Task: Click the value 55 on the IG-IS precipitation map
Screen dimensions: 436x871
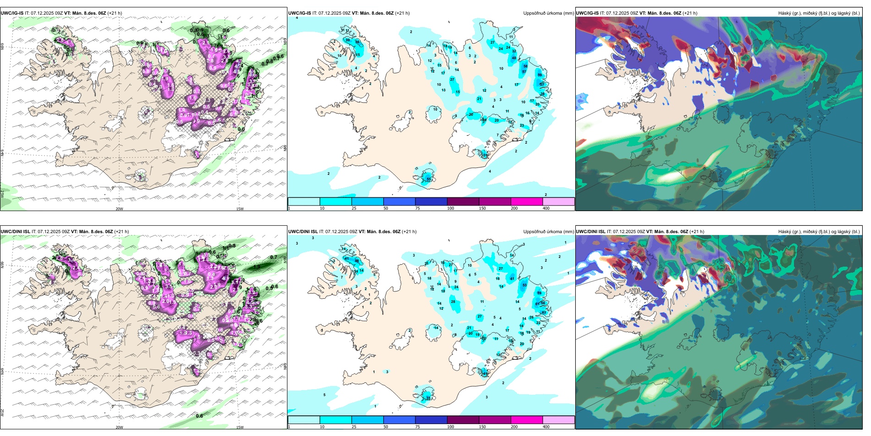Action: [x=429, y=179]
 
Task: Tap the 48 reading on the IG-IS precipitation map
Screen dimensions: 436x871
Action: [x=514, y=58]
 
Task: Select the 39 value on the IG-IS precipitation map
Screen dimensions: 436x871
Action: [x=347, y=40]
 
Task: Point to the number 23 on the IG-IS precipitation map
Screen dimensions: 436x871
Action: [x=522, y=126]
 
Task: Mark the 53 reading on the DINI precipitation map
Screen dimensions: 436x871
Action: [x=525, y=285]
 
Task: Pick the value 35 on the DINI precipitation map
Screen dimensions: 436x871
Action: [x=428, y=398]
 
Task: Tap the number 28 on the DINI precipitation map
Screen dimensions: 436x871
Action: [x=453, y=302]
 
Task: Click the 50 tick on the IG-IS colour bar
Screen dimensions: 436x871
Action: [x=385, y=208]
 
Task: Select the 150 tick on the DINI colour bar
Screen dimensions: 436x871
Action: [x=482, y=427]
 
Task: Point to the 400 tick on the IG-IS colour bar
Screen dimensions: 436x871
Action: [x=546, y=208]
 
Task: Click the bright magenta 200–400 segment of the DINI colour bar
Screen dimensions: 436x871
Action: [x=526, y=420]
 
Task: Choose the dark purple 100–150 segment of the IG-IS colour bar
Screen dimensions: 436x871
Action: [x=463, y=201]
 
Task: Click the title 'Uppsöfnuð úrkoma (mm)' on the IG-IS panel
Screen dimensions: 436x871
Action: [x=548, y=13]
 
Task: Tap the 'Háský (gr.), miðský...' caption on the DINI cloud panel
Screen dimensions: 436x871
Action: [x=819, y=232]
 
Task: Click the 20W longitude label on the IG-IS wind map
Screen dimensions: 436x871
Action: [x=119, y=209]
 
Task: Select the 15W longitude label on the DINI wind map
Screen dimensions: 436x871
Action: [x=239, y=427]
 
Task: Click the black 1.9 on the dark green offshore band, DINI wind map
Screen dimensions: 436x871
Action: [x=257, y=267]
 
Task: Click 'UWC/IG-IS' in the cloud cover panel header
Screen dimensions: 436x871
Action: [x=587, y=13]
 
